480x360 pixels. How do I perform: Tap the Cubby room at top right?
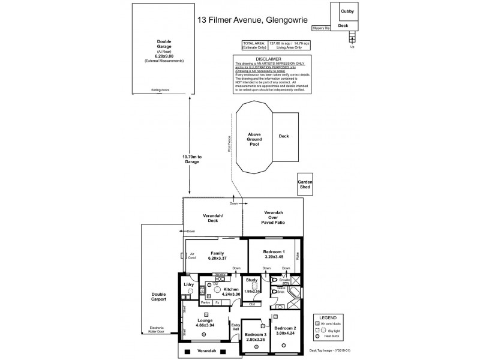coord(347,11)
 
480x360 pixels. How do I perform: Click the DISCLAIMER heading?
coord(264,59)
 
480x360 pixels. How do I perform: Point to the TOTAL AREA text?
coord(253,44)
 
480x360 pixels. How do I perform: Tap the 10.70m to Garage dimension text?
coord(192,158)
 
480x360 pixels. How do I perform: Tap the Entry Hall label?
coord(236,328)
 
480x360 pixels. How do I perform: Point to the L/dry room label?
coord(188,284)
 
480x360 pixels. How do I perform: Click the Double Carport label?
coord(159,296)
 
